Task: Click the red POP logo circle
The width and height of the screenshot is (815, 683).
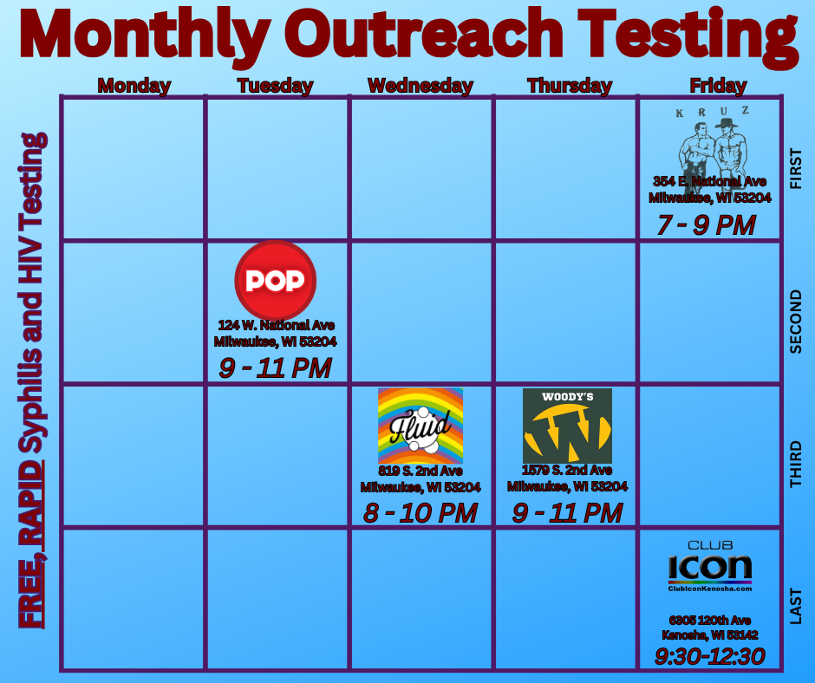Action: (276, 281)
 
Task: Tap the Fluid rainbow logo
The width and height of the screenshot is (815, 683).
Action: (421, 426)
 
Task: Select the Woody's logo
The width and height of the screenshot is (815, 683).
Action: (567, 426)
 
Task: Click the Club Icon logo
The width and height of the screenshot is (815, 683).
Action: (710, 566)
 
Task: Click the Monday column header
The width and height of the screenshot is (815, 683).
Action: (134, 86)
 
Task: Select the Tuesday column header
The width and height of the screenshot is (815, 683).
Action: (276, 86)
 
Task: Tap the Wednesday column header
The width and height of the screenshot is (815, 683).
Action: (421, 86)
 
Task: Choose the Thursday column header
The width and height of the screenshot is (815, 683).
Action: (570, 86)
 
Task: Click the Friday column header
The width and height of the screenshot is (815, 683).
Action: (718, 86)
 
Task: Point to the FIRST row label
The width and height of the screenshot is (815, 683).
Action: (796, 168)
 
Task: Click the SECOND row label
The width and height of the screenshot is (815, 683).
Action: (796, 322)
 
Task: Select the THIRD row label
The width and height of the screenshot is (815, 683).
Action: (796, 465)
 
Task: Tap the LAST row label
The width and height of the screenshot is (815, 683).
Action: (796, 606)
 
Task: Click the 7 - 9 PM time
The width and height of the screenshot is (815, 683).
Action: (707, 225)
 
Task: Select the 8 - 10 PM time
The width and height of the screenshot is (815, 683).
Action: (420, 513)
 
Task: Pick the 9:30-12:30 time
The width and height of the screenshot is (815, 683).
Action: (710, 656)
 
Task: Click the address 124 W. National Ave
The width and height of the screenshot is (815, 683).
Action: (276, 325)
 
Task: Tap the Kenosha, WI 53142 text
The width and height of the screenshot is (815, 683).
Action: (710, 635)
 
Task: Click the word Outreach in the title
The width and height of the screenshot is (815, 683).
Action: (427, 34)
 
